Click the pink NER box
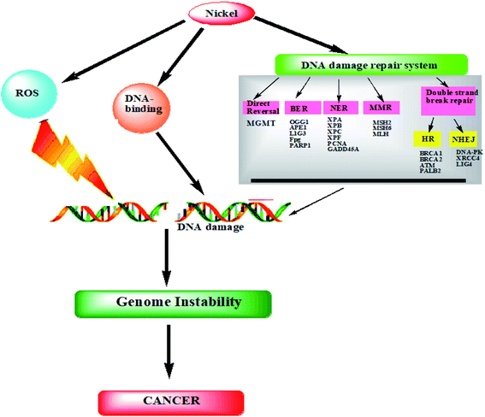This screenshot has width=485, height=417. point(340,109)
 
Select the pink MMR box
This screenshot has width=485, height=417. point(381,109)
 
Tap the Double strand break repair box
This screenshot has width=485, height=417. point(449,97)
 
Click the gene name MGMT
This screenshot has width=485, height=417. point(262,125)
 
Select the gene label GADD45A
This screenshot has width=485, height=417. point(342,149)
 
